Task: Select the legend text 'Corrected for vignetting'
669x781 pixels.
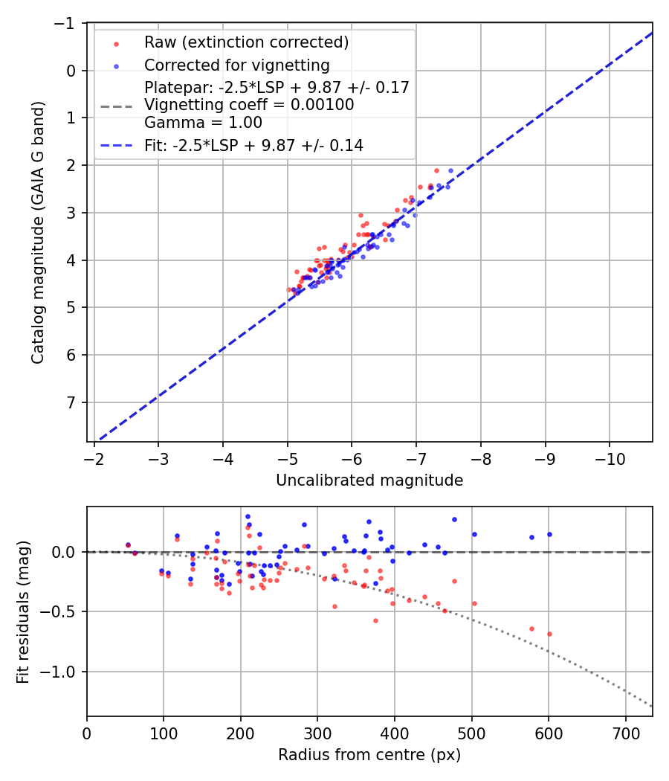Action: (x=236, y=65)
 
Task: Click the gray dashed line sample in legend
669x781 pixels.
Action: (x=116, y=106)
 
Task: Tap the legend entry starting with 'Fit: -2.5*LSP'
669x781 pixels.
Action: (x=253, y=146)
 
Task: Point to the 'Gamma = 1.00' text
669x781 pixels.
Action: (x=192, y=122)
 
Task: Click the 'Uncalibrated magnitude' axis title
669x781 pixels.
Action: (x=369, y=481)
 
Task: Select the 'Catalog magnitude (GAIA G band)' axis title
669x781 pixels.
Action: (x=38, y=232)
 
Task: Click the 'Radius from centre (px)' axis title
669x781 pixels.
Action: (x=369, y=755)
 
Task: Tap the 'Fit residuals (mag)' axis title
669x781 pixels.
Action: (x=23, y=611)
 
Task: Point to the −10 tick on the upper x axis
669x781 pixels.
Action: (x=610, y=455)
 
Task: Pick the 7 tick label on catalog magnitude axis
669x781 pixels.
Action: (x=71, y=402)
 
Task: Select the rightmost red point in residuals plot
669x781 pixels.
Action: (x=549, y=634)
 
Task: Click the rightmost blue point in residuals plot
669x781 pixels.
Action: (x=549, y=534)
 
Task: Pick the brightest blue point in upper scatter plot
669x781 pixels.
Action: (x=450, y=170)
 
